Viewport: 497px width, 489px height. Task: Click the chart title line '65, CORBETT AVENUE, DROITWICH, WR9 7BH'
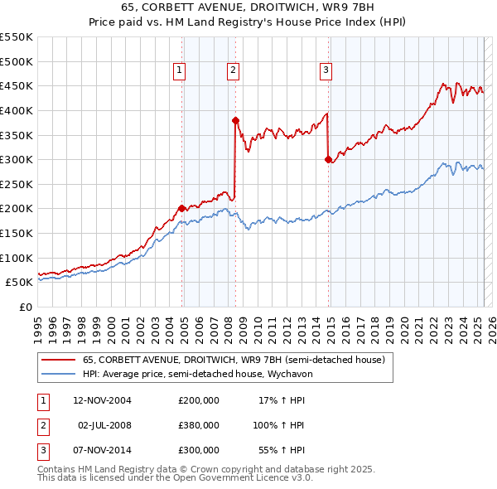(x=248, y=8)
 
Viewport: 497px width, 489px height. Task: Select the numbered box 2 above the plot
(x=234, y=70)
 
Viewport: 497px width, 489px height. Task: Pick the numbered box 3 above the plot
(x=326, y=70)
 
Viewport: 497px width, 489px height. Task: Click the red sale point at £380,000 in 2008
(x=235, y=120)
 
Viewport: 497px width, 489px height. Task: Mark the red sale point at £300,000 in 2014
(x=328, y=159)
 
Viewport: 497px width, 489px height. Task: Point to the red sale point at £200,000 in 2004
(x=181, y=208)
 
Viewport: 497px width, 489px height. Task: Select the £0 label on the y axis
(x=26, y=307)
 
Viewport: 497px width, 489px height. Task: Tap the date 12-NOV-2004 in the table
(x=102, y=400)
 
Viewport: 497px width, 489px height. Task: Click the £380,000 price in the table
(x=199, y=425)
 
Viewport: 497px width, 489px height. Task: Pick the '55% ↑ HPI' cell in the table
(x=285, y=450)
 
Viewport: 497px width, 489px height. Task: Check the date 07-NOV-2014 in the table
(x=102, y=450)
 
